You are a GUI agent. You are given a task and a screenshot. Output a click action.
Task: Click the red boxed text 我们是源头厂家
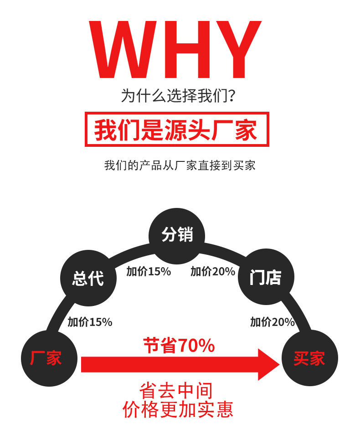tap(177, 129)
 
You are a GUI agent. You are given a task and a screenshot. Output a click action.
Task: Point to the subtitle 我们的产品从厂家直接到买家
tap(180, 165)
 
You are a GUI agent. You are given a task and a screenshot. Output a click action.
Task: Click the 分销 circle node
tap(177, 235)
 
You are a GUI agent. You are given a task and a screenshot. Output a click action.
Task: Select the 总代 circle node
tap(88, 278)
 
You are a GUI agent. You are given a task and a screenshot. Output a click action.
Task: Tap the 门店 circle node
tap(266, 277)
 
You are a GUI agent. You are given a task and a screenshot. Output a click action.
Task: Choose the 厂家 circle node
tap(49, 358)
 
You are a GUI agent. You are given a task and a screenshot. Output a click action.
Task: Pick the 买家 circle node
tap(309, 358)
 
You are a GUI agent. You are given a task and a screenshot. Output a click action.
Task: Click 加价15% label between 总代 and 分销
tap(149, 272)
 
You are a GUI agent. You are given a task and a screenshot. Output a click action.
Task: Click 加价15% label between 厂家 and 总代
tap(90, 322)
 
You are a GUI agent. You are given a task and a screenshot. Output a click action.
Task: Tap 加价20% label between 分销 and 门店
tap(213, 272)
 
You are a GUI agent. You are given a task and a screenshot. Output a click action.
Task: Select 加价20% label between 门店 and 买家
tap(272, 322)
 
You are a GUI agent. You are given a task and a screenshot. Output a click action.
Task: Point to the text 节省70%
tap(179, 346)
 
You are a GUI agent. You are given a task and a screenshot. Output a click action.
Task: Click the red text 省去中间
tap(176, 391)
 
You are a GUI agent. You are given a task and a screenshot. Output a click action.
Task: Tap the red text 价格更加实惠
tap(178, 409)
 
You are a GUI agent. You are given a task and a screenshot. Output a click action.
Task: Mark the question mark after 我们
tap(232, 96)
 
